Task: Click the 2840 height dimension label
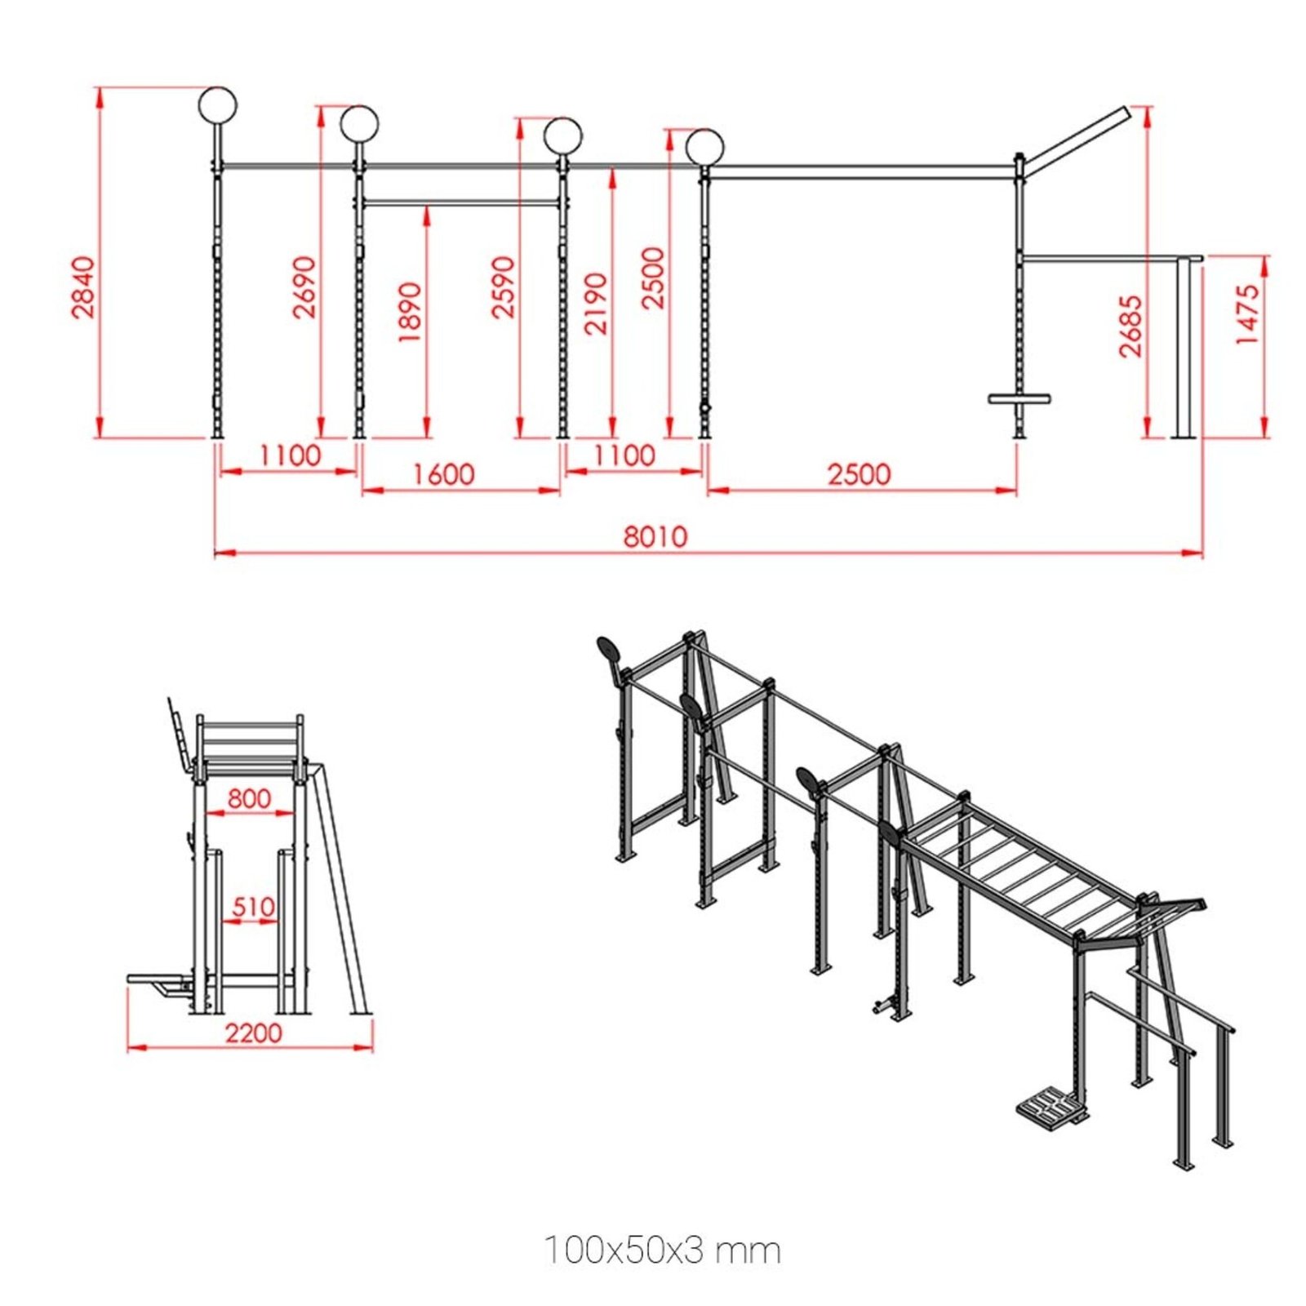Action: click(x=83, y=287)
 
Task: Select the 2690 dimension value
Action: click(x=304, y=287)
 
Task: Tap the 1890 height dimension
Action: click(x=411, y=312)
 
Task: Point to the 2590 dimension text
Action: click(x=504, y=287)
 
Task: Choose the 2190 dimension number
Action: click(x=597, y=304)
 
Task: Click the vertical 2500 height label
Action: click(x=653, y=278)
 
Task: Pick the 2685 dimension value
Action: click(x=1131, y=326)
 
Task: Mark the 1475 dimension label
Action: click(x=1248, y=314)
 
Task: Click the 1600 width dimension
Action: click(x=444, y=473)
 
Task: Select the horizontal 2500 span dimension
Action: click(x=859, y=473)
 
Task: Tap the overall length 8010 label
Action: click(x=655, y=536)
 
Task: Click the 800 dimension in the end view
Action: click(x=249, y=797)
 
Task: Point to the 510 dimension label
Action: click(x=253, y=906)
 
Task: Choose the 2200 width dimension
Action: click(x=253, y=1033)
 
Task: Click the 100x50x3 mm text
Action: click(x=662, y=1250)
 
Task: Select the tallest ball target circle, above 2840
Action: click(x=218, y=104)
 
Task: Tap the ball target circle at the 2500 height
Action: click(x=704, y=147)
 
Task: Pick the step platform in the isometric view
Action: click(x=1051, y=1108)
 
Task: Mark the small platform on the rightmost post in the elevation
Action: click(x=1019, y=399)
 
